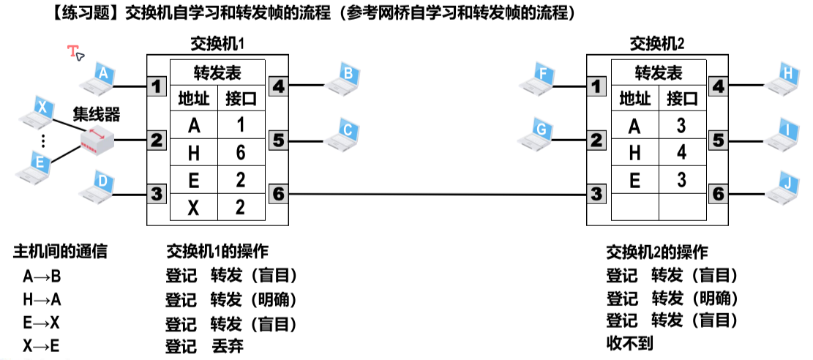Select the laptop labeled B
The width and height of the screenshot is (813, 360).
pyautogui.click(x=346, y=77)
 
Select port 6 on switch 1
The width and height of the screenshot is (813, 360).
pyautogui.click(x=278, y=194)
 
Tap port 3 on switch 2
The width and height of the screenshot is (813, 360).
pyautogui.click(x=597, y=194)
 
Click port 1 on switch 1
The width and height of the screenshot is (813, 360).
pyautogui.click(x=155, y=86)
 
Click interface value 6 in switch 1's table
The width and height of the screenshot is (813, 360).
pyautogui.click(x=239, y=153)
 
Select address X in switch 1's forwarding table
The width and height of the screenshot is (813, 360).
pyautogui.click(x=194, y=208)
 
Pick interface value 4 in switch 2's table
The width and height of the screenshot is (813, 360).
pyautogui.click(x=681, y=153)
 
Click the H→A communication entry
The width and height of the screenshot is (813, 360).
pyautogui.click(x=42, y=299)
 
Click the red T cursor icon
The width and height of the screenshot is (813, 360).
pyautogui.click(x=75, y=52)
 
